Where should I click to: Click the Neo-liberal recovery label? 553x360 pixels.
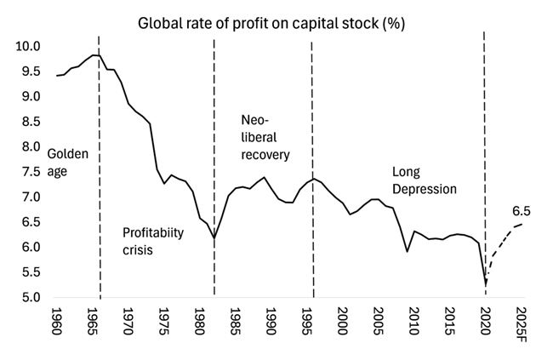266,138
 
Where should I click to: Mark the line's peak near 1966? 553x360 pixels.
95,54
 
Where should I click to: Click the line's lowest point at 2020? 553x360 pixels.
485,283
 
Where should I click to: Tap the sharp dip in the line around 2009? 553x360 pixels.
407,251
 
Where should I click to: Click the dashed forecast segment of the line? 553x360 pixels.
502,238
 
